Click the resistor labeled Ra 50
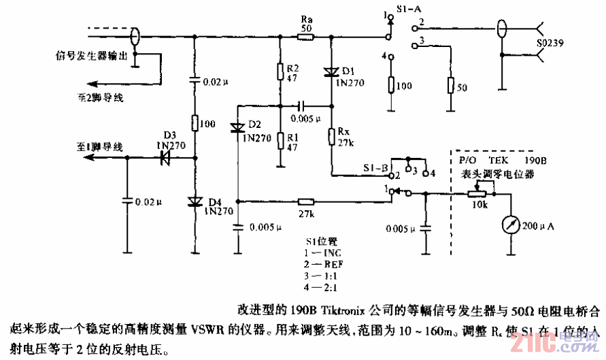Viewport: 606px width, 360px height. (305, 39)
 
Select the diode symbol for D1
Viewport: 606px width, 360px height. (331, 70)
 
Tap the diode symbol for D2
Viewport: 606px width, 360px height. (238, 127)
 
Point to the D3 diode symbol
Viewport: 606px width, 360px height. (163, 158)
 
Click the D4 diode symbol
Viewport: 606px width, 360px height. (195, 201)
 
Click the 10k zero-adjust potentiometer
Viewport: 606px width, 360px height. (479, 193)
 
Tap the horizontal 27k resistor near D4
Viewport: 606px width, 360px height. (306, 201)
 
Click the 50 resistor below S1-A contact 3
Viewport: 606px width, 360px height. (449, 86)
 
